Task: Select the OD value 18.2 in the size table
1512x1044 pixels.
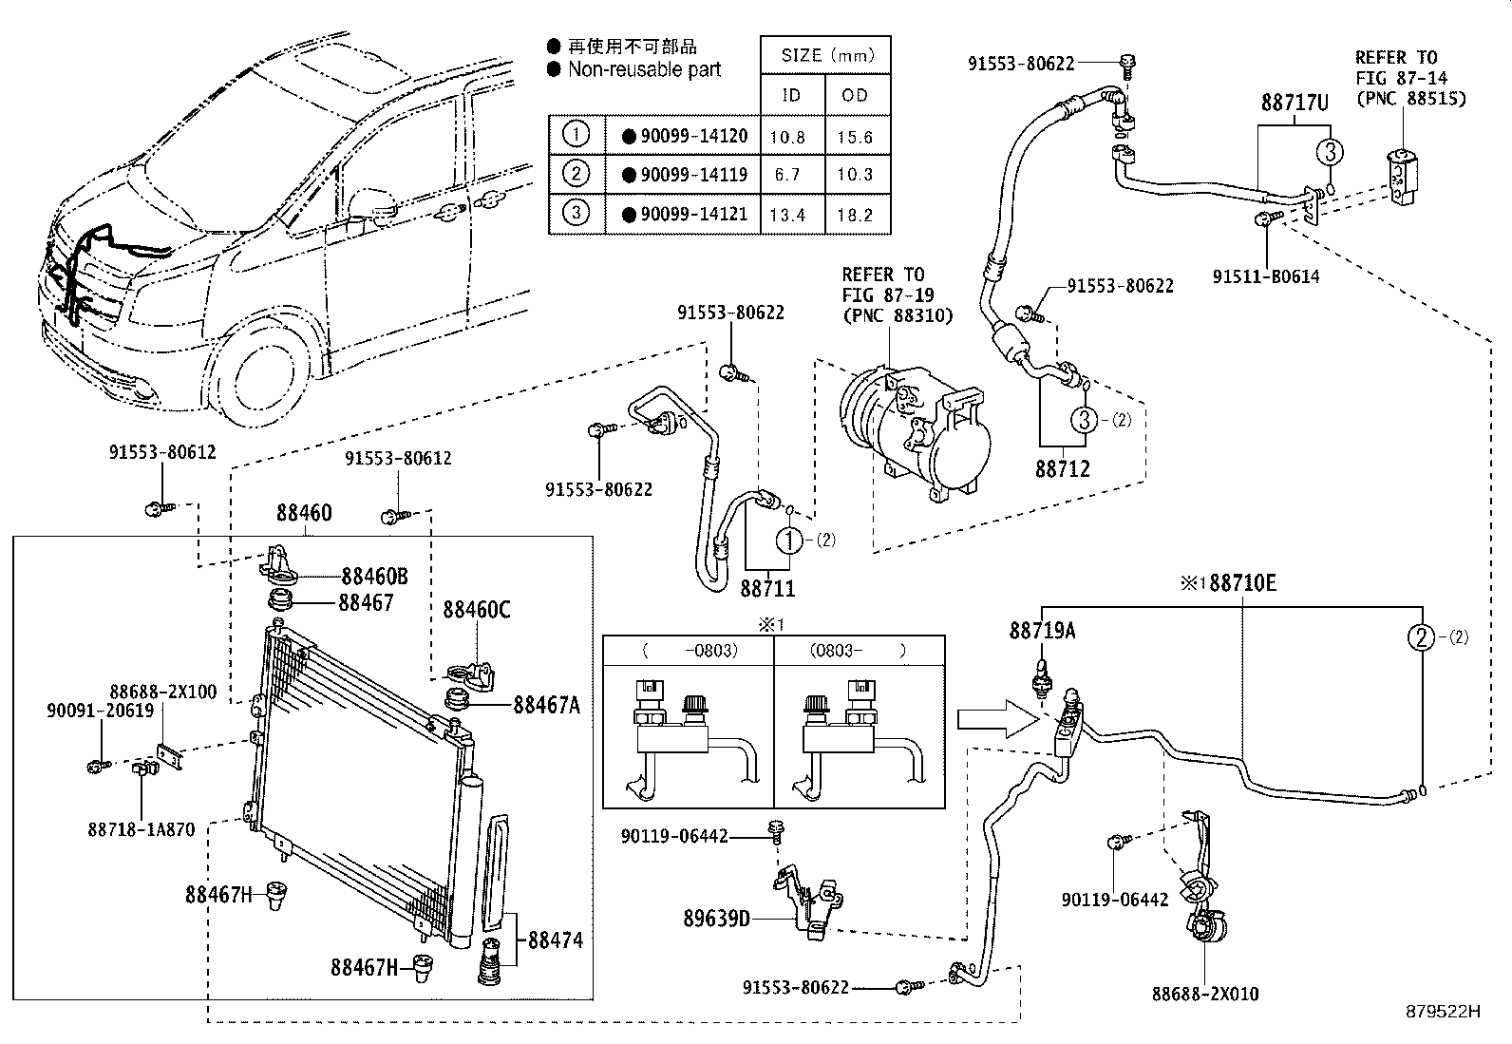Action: coord(855,215)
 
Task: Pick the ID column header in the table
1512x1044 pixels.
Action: coord(791,95)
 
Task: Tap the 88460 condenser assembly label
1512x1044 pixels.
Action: coord(304,514)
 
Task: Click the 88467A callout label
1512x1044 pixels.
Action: coord(546,705)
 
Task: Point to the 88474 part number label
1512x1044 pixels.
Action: coord(555,940)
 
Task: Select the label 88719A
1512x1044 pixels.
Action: coord(1042,631)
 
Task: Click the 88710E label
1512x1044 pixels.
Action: coord(1242,583)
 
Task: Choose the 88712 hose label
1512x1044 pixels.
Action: coord(1062,468)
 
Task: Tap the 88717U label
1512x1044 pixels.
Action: coord(1295,103)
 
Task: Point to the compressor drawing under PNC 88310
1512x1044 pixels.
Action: coord(912,432)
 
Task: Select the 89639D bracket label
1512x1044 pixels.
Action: coord(716,919)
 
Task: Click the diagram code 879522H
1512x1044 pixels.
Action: coord(1444,1012)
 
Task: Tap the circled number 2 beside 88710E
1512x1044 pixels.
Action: coord(1422,637)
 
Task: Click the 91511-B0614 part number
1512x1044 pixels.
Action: coord(1266,277)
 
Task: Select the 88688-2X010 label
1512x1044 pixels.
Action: coord(1205,994)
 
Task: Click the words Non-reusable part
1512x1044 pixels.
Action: coord(644,69)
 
